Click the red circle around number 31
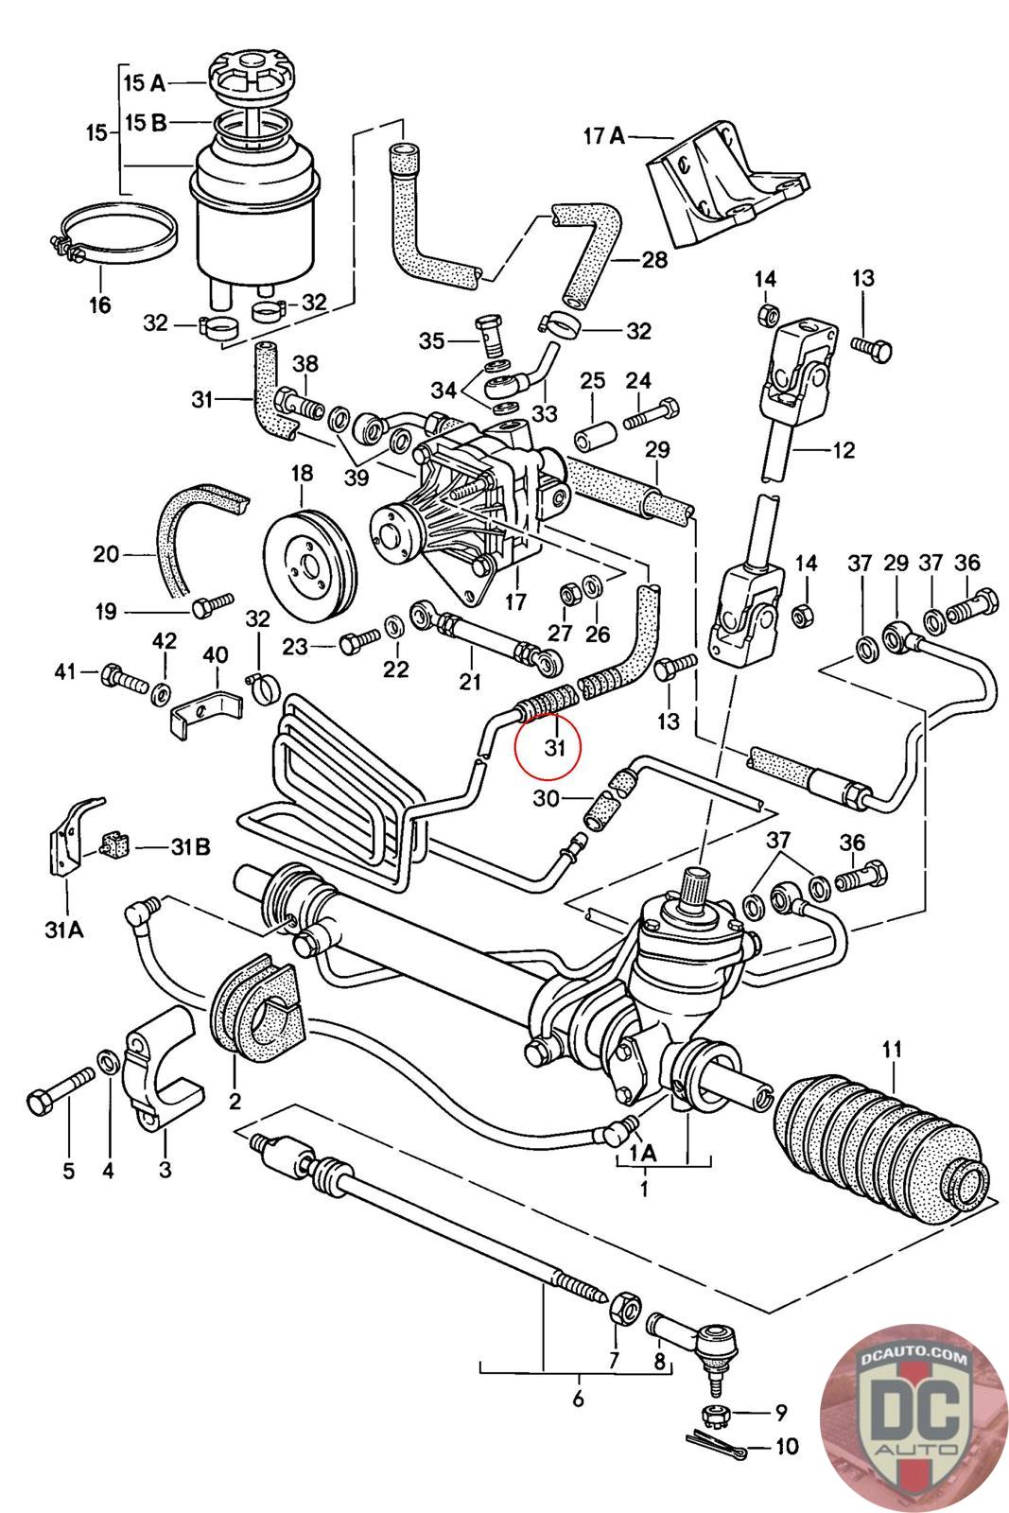547,746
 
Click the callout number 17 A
604,137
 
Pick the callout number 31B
190,846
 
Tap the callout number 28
653,259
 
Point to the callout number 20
106,554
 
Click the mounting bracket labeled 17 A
726,183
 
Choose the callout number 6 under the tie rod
578,1398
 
